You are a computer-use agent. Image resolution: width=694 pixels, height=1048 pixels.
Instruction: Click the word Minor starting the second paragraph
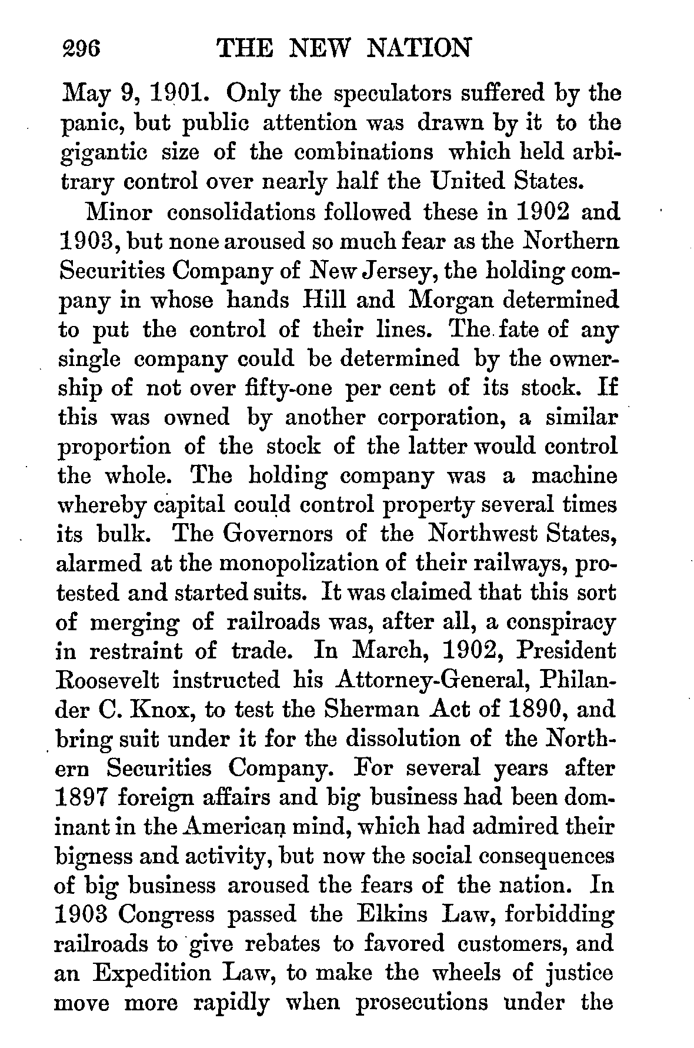pyautogui.click(x=120, y=211)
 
